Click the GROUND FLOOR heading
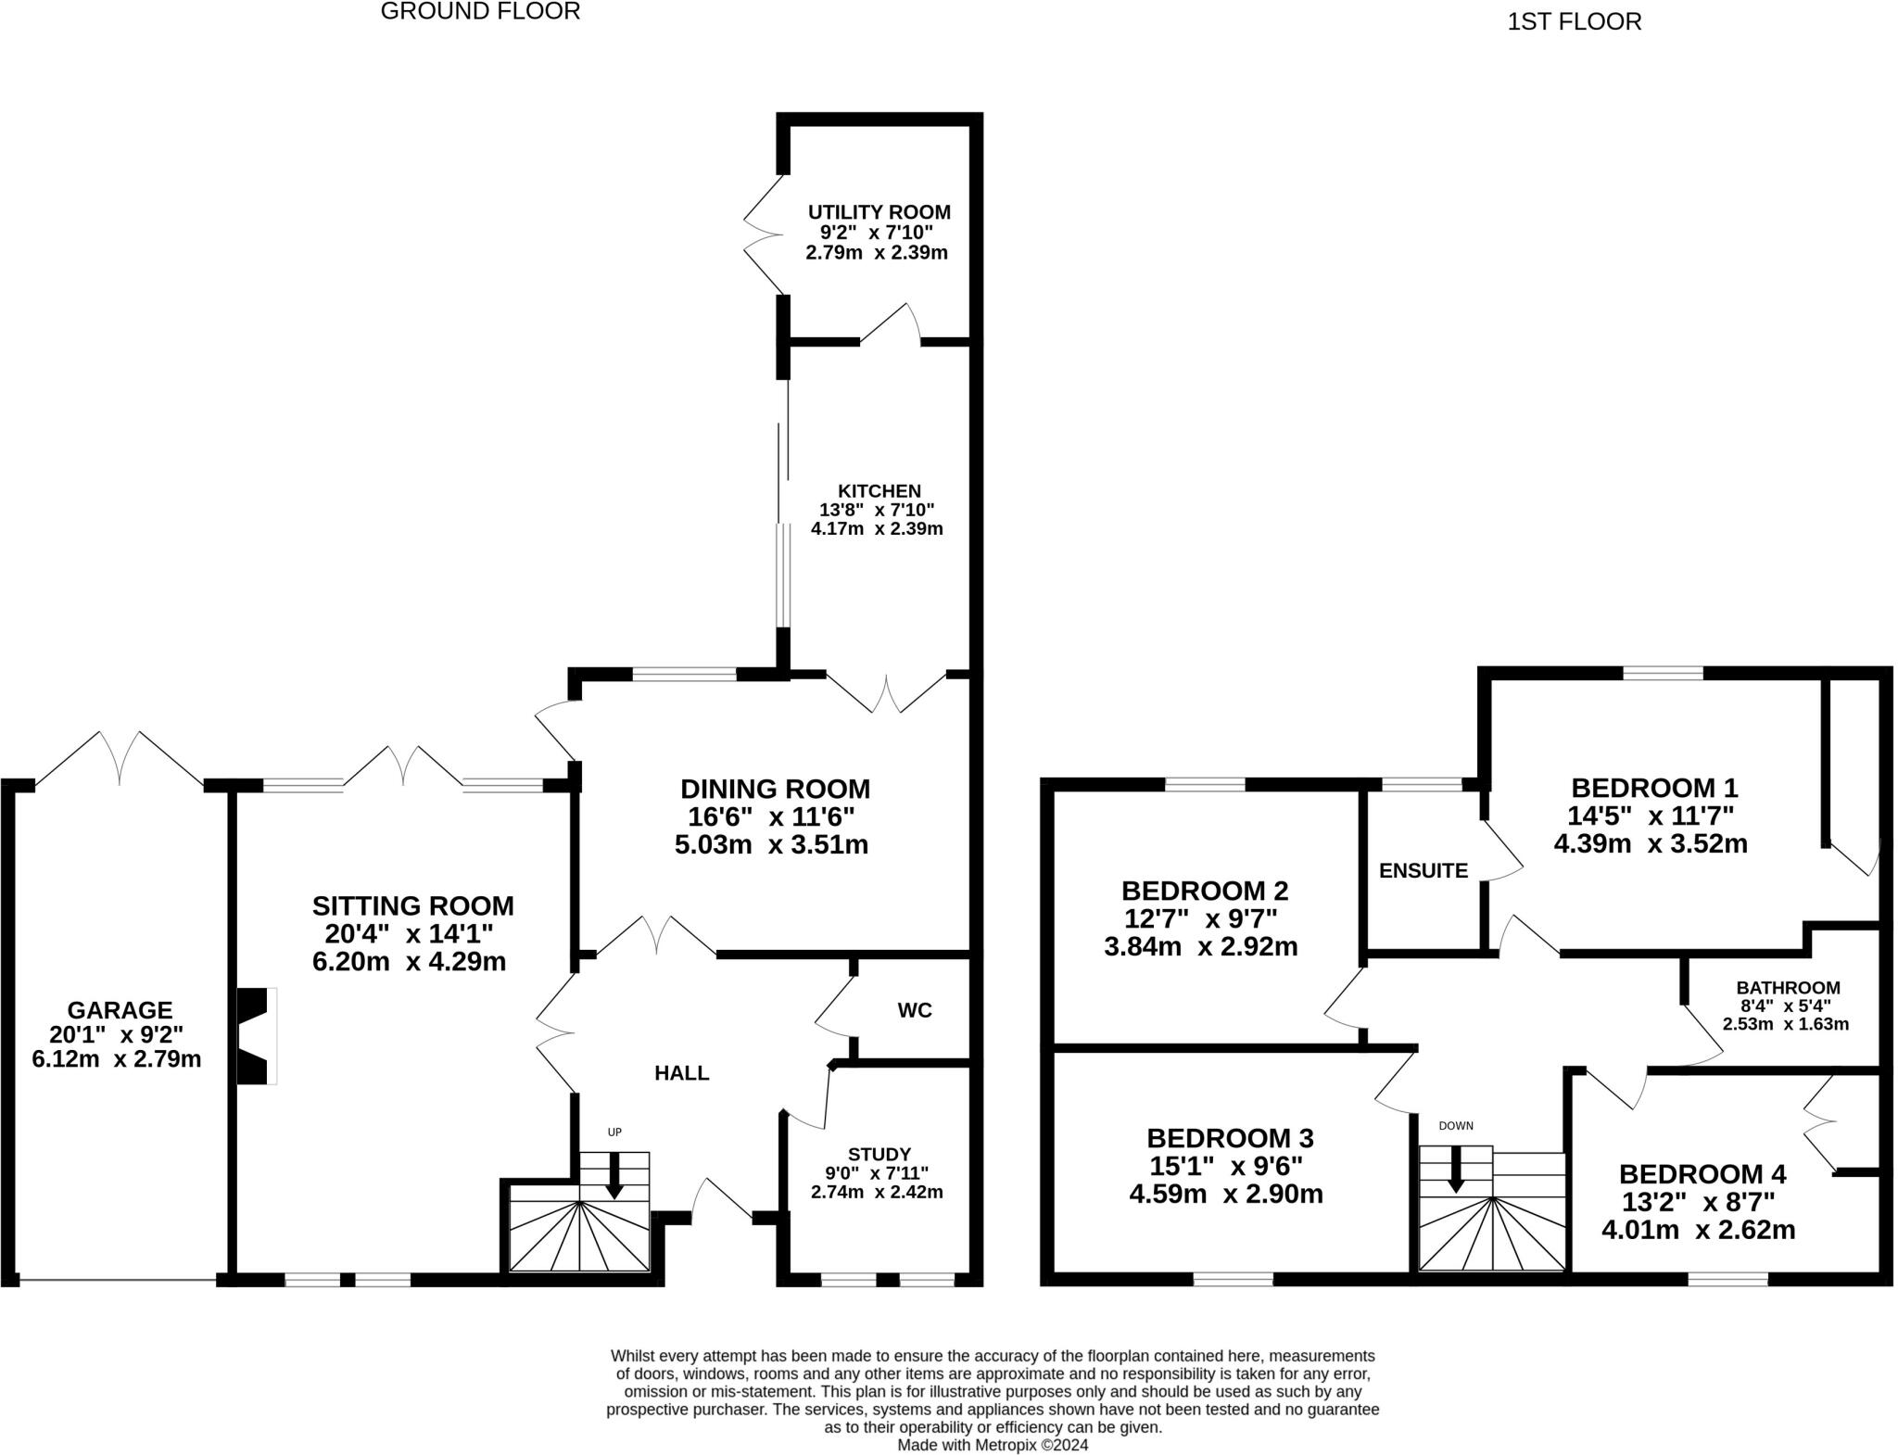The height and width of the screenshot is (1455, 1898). pos(480,12)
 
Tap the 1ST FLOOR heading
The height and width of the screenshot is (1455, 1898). pos(1574,21)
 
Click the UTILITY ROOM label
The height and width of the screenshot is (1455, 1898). pos(879,212)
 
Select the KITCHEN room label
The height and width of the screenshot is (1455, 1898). pos(879,490)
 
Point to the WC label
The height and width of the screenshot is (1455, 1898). pos(914,1010)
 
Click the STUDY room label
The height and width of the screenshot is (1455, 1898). pos(879,1154)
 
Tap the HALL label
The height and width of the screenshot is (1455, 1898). pos(681,1073)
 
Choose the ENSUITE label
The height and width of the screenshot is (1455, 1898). pos(1423,870)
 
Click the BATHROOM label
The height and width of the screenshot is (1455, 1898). pos(1788,988)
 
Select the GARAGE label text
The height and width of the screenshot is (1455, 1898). pos(120,1009)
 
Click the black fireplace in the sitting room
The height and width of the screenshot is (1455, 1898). pos(257,1036)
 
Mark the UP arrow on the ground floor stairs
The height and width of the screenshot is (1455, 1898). pos(614,1175)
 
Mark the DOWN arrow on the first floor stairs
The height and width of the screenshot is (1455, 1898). pos(1455,1170)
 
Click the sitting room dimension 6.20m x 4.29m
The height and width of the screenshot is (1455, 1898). pos(409,961)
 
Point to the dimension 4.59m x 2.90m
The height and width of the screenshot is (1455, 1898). pos(1225,1194)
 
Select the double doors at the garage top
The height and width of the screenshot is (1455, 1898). pos(120,757)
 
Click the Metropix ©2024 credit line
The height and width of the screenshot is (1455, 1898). pos(993,1444)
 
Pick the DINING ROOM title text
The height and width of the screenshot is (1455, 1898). pos(775,789)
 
